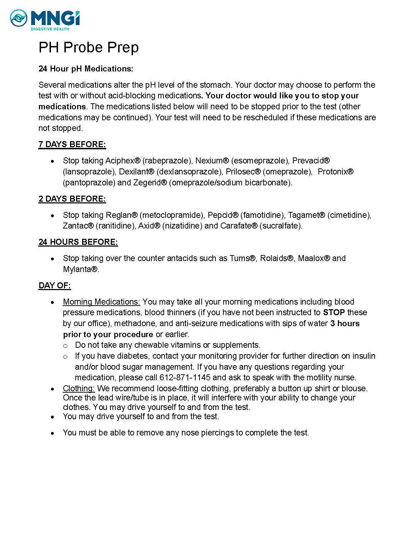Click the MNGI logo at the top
[45, 20]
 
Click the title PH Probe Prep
[88, 47]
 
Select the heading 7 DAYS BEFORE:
[72, 145]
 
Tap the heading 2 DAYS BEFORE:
[72, 199]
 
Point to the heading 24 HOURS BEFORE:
[78, 242]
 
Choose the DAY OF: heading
[54, 286]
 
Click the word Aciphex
[120, 161]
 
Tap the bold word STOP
[334, 313]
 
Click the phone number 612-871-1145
[185, 378]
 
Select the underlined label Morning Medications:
[102, 302]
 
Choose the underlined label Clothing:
[79, 389]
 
